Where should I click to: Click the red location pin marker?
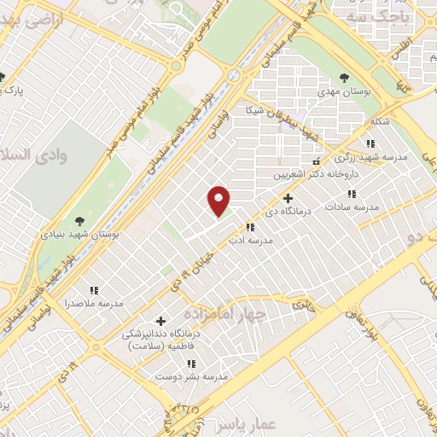coord(219,200)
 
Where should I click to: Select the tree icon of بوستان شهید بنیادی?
coord(79,221)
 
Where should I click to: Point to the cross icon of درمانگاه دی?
coord(288,198)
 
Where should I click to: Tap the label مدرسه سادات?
coord(371,207)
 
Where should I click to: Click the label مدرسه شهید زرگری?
coord(371,157)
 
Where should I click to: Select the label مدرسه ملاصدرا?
coord(94,303)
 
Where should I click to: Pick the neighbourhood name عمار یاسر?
coord(227,424)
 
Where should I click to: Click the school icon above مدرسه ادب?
coord(250,227)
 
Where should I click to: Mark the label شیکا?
coord(255,111)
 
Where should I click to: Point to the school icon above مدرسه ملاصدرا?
coord(94,290)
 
